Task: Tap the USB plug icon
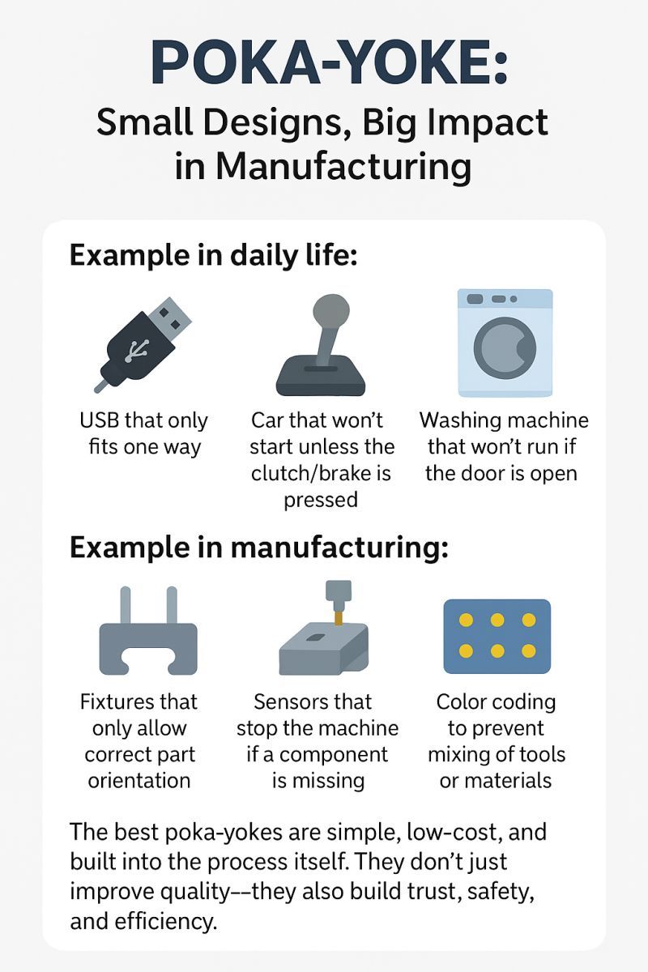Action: click(x=143, y=345)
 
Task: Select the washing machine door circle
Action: click(x=505, y=347)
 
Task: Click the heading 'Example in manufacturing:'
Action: click(x=258, y=548)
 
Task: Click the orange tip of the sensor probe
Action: click(x=338, y=618)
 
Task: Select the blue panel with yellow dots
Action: click(x=497, y=636)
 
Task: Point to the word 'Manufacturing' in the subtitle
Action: click(x=343, y=167)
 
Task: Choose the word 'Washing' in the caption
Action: click(x=456, y=421)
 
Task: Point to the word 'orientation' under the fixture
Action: click(x=139, y=781)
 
